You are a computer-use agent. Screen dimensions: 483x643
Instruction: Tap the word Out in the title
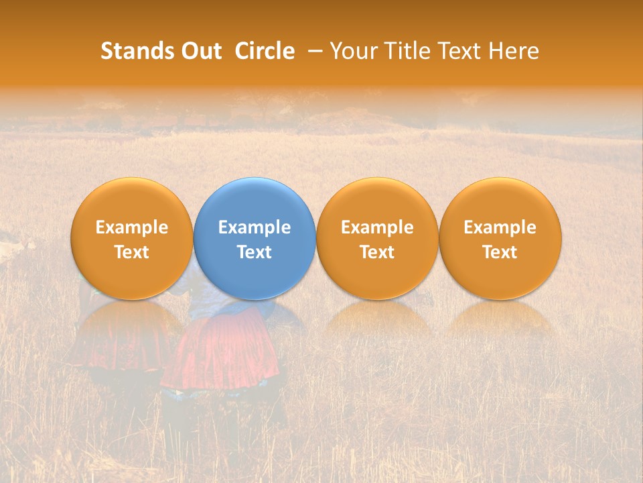(x=199, y=51)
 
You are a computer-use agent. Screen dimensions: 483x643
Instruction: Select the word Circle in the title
(x=265, y=51)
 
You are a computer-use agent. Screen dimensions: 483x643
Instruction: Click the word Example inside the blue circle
(x=255, y=227)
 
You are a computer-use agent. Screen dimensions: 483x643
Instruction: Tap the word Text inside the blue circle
(x=255, y=252)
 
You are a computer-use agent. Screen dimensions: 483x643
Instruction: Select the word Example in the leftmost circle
(x=132, y=227)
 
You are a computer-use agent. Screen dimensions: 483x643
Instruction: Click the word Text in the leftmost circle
(x=132, y=252)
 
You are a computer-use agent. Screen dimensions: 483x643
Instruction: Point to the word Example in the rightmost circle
(x=500, y=227)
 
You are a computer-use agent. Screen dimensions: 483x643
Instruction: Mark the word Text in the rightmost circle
(x=500, y=252)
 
